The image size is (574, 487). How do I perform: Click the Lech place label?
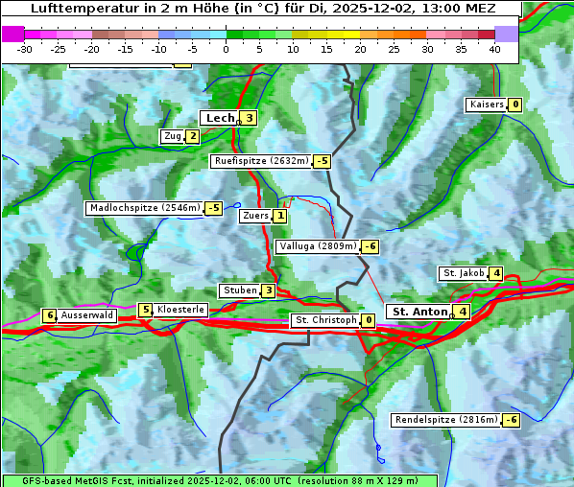point(220,118)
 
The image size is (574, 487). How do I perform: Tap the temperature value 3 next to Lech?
point(249,118)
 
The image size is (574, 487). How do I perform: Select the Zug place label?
point(173,136)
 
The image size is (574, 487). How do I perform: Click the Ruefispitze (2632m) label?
point(262,161)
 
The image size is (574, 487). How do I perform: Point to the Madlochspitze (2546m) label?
point(144,208)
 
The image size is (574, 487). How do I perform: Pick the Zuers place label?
point(255,216)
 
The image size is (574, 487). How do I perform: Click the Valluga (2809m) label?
point(318,246)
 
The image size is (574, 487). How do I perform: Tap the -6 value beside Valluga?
point(371,246)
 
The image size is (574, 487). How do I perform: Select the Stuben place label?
point(239,290)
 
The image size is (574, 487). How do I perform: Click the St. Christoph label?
point(325,320)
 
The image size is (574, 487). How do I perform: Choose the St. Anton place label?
point(420,312)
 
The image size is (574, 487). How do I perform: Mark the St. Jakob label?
point(464,273)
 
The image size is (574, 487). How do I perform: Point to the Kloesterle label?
point(180,310)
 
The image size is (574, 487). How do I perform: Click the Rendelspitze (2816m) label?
point(447,420)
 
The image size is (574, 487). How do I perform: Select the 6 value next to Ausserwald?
point(49,315)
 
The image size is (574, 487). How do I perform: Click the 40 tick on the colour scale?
point(494,49)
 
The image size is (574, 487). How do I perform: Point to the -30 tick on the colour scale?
point(25,49)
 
